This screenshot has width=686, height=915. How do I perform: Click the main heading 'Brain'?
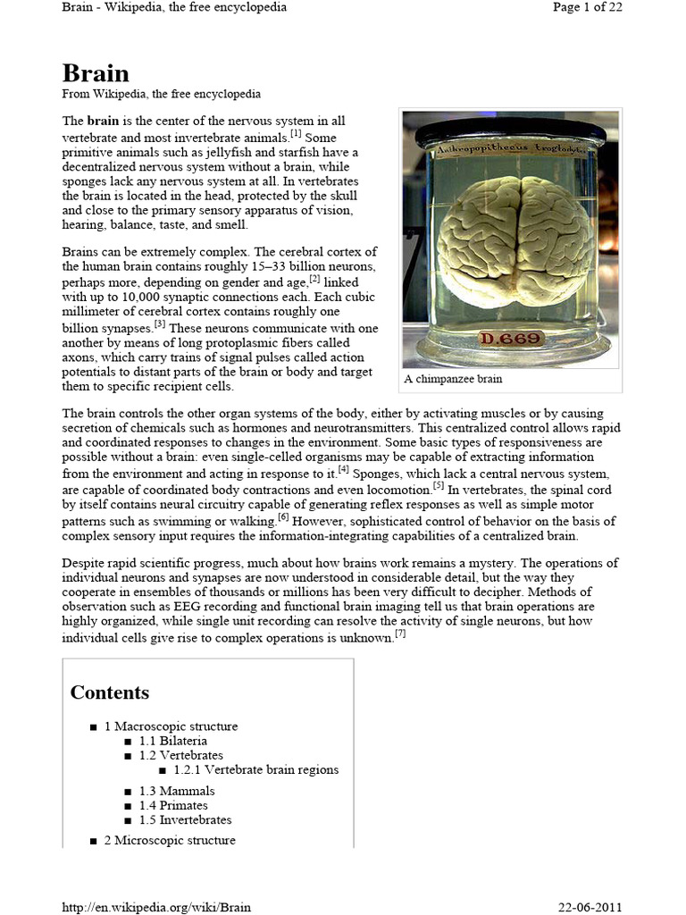click(96, 73)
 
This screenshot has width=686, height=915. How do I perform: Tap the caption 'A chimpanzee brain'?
click(454, 379)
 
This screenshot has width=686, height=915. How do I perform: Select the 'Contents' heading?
click(110, 693)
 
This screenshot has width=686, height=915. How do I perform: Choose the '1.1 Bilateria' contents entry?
click(173, 741)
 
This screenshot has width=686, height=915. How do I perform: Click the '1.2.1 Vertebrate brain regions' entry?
click(256, 769)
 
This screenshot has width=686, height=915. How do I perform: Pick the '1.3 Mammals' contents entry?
click(177, 791)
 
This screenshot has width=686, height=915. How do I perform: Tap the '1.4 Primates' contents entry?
click(173, 805)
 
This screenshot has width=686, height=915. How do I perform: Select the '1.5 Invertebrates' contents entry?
click(185, 819)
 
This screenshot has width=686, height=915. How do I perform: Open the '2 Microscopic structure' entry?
click(170, 840)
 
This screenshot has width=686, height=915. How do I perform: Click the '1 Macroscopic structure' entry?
click(171, 726)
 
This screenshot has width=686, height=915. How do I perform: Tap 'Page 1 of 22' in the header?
click(588, 7)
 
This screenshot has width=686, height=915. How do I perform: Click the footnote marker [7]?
click(400, 634)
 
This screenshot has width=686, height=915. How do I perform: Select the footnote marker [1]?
click(296, 135)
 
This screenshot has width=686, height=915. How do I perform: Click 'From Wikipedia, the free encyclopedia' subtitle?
click(161, 94)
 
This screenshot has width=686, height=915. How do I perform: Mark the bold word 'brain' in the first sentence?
click(101, 121)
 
